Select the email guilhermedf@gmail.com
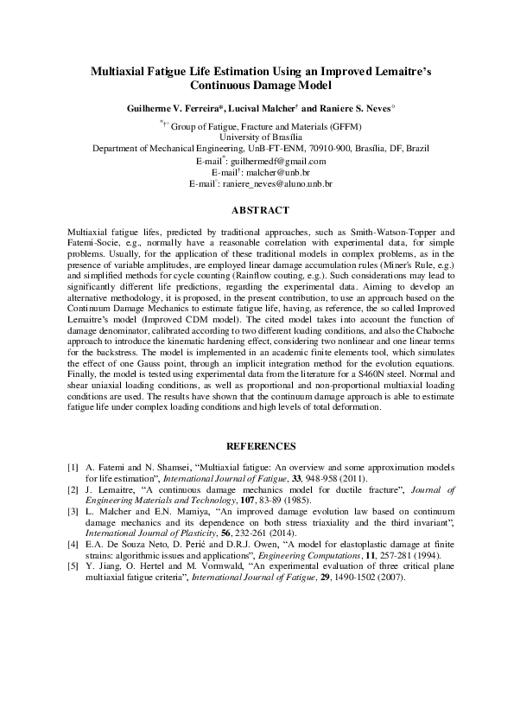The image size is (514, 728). (x=279, y=161)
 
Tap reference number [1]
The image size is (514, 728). (x=73, y=467)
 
